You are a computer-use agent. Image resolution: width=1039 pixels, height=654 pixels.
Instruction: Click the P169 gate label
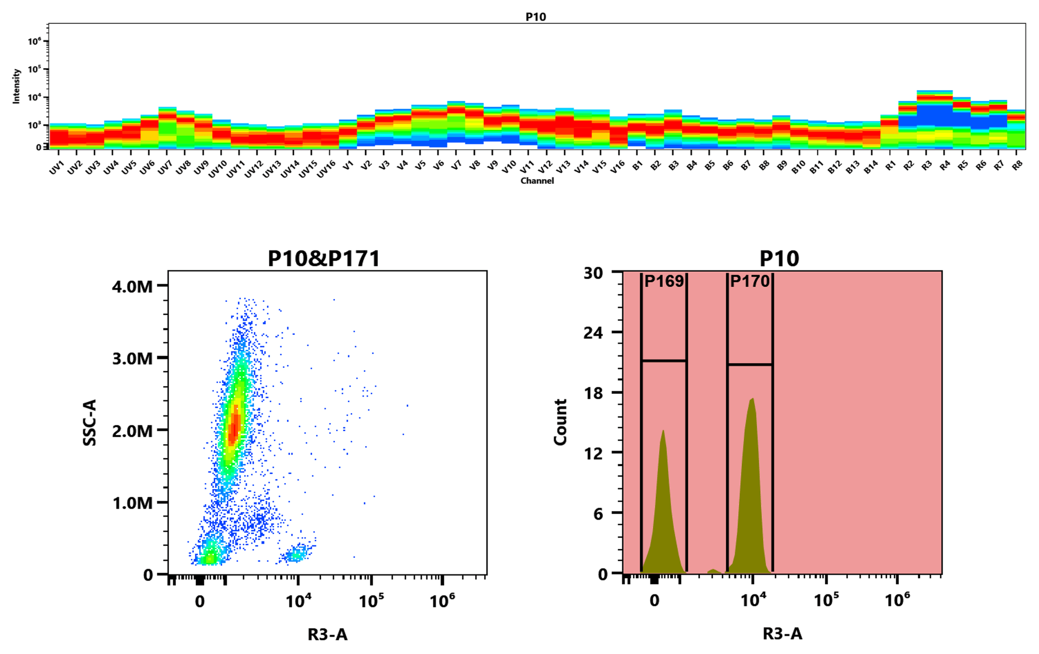[664, 281]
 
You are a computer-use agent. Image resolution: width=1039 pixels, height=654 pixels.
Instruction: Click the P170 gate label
[749, 281]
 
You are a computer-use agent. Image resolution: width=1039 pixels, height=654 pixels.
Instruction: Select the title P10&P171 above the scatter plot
[324, 259]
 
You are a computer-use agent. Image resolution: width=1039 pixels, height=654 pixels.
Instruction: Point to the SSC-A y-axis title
[90, 422]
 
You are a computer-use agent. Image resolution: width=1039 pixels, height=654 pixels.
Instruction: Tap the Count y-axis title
[560, 422]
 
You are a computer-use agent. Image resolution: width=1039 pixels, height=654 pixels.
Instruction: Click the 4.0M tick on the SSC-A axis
[132, 286]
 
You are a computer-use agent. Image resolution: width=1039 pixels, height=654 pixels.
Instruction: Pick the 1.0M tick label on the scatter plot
[132, 503]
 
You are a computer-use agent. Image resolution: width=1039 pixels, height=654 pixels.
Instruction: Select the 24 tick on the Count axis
[593, 332]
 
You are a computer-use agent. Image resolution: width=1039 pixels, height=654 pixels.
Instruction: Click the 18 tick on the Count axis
[593, 393]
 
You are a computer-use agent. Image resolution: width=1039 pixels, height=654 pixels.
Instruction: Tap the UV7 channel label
[165, 168]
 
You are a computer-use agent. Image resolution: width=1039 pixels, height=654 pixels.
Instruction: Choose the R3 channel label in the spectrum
[926, 166]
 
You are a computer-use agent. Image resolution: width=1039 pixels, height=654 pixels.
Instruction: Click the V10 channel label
[509, 168]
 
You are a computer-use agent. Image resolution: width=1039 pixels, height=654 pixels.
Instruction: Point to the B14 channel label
[870, 168]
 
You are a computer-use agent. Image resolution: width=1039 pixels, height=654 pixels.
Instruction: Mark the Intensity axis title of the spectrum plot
[16, 86]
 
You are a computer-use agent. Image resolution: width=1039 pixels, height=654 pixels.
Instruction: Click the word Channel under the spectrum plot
[537, 181]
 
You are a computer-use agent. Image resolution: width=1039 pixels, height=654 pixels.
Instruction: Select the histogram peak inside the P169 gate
[663, 431]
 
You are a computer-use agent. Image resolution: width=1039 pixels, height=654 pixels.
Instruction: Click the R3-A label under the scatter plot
[327, 634]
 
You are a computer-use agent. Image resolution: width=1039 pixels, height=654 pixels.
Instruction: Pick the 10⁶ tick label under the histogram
[897, 599]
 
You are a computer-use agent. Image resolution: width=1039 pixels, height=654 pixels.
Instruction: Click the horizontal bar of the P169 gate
[664, 360]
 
